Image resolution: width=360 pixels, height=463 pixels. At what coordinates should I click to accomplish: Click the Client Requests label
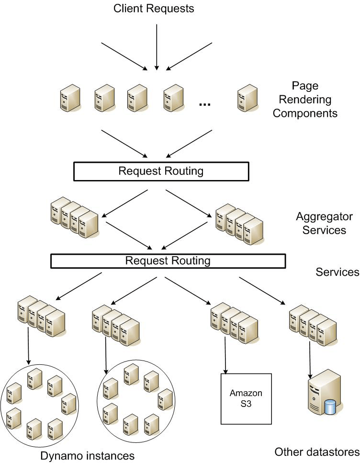click(x=154, y=8)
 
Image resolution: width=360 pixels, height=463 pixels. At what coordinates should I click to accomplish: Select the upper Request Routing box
click(x=161, y=171)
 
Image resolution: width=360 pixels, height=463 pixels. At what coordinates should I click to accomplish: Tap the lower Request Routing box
click(x=168, y=261)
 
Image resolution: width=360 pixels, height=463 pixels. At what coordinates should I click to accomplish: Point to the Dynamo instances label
click(x=87, y=455)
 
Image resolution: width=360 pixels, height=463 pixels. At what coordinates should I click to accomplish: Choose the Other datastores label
click(x=317, y=452)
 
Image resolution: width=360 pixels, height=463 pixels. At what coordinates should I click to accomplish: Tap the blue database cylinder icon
click(x=329, y=407)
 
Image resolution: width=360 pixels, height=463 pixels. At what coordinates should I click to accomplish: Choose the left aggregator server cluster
click(x=74, y=218)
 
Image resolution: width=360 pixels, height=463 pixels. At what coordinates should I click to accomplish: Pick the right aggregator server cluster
click(x=239, y=223)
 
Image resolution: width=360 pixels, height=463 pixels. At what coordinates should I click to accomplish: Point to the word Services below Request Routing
click(x=337, y=272)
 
